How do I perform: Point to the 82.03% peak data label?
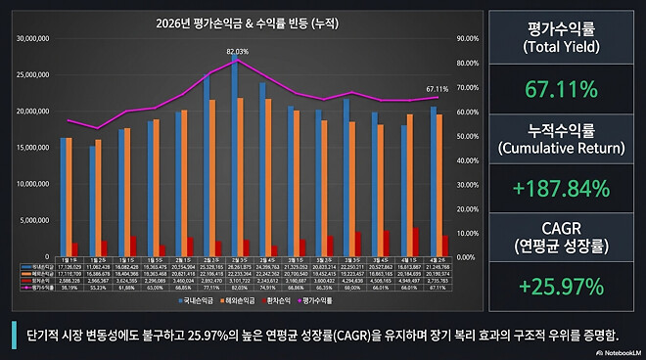[237, 51]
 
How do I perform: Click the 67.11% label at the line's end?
[438, 89]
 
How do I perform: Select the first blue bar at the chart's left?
[64, 196]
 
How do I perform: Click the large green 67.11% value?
[561, 90]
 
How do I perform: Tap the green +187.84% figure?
[561, 188]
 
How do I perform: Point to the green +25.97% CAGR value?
[561, 287]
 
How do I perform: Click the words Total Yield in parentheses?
[561, 47]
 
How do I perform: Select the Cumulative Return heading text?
[561, 148]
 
